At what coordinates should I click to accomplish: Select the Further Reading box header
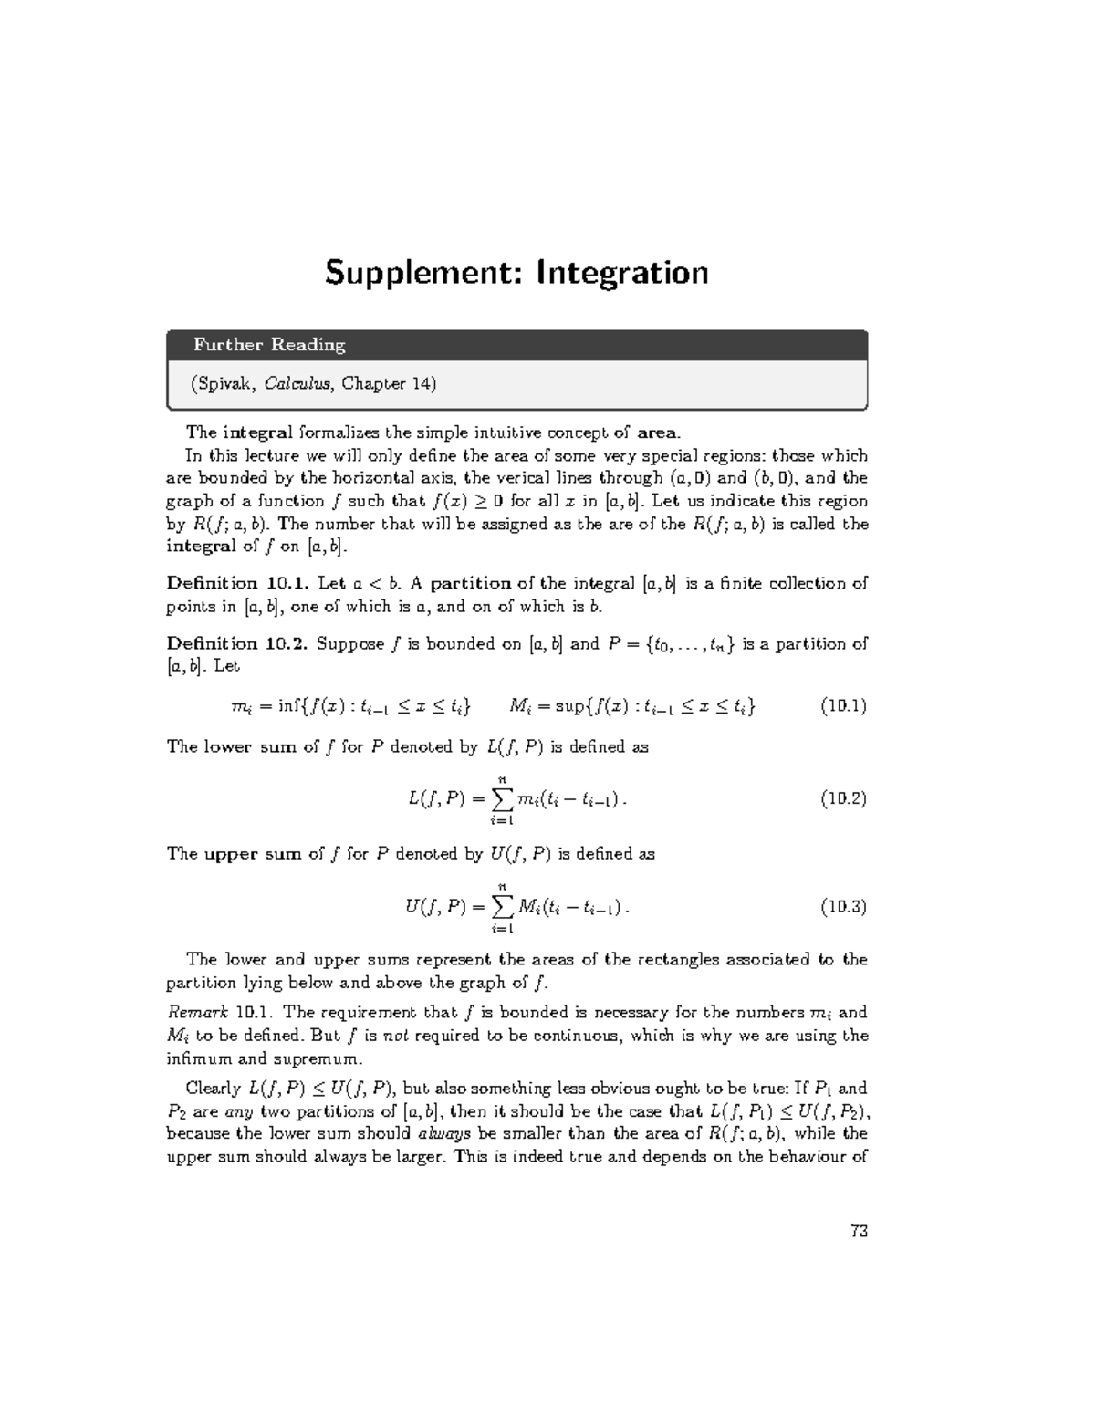coord(269,345)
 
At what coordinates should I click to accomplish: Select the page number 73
coord(858,1231)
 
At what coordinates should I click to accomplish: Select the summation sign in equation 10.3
coord(502,907)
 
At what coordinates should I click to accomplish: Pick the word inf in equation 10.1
coord(289,706)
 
